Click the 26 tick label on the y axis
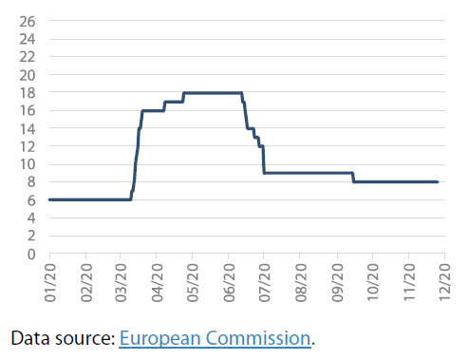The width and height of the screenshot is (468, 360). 28,21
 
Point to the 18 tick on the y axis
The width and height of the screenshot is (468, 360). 28,93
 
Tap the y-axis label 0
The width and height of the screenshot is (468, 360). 32,255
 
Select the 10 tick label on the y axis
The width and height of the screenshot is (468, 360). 28,164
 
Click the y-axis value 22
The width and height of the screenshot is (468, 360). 28,57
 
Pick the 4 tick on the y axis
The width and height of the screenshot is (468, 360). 32,218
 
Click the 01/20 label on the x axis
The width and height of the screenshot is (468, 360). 49,283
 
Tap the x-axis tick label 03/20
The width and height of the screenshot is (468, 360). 121,283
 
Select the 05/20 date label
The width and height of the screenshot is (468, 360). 193,283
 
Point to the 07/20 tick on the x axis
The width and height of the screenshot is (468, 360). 264,283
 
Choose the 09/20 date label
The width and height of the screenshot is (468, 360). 336,283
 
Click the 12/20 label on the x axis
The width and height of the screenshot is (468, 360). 443,283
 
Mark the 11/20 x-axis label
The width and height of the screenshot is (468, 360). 407,283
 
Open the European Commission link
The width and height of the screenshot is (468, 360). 215,338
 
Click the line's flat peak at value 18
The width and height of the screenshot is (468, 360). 213,92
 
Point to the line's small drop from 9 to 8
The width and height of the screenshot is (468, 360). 353,178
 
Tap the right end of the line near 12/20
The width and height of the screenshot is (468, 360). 437,182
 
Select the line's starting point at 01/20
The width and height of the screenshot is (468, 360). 49,199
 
